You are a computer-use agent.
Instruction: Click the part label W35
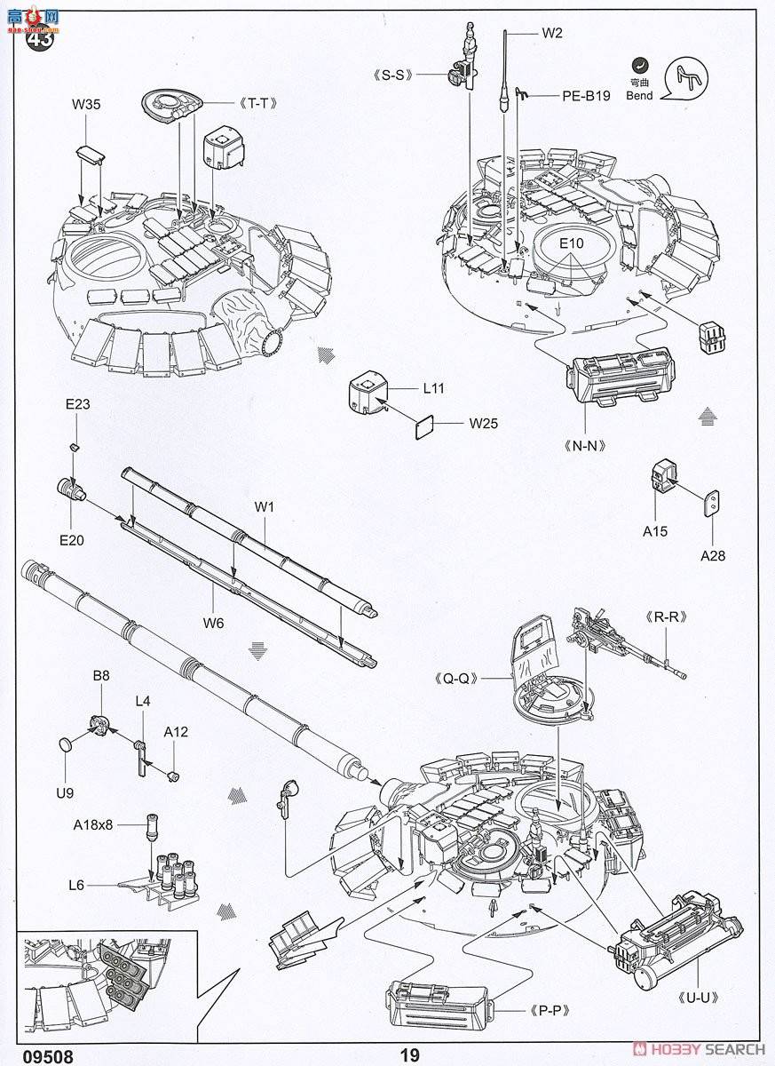(x=86, y=104)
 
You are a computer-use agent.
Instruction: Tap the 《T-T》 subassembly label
(x=257, y=103)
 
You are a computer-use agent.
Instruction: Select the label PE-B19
(x=585, y=96)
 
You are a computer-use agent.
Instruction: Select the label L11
(x=433, y=388)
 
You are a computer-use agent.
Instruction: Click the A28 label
(x=714, y=556)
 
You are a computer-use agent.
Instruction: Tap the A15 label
(x=655, y=531)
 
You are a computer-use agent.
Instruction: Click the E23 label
(x=77, y=404)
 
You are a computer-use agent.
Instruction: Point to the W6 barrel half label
(x=213, y=623)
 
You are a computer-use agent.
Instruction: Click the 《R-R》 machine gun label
(x=652, y=616)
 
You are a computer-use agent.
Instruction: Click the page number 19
(x=409, y=1055)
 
